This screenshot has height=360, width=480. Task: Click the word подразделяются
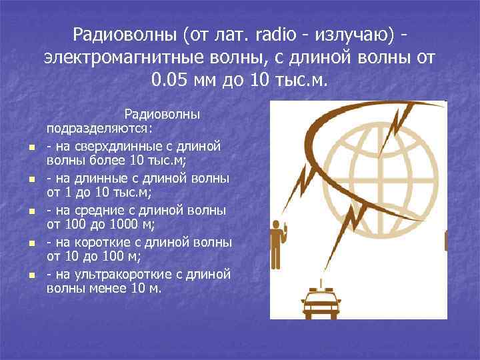(x=99, y=129)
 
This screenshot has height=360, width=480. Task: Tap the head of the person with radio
(x=275, y=224)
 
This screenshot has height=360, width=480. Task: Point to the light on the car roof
(x=321, y=283)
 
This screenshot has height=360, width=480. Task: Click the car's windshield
(x=321, y=295)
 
